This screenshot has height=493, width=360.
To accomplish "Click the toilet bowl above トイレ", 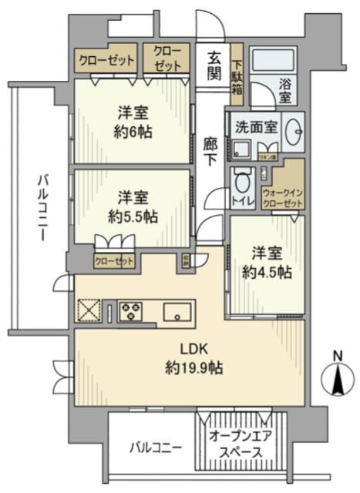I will click(x=243, y=184).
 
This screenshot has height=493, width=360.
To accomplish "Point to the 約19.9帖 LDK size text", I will click(x=193, y=367).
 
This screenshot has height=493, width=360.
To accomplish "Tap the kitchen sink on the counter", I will click(x=177, y=312).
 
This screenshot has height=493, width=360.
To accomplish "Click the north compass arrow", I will click(x=335, y=378).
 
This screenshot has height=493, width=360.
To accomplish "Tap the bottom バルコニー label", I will click(x=155, y=448).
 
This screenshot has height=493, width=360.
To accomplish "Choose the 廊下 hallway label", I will click(x=210, y=149).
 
